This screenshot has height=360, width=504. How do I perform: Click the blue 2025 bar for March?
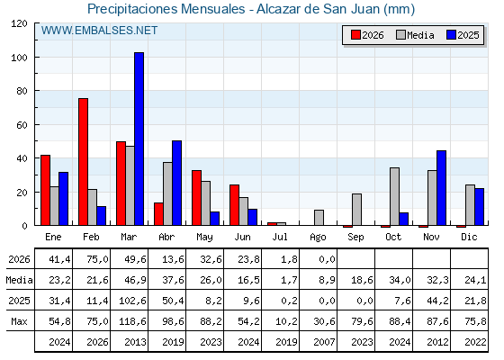click(x=139, y=139)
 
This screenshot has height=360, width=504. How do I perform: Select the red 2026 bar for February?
click(x=83, y=162)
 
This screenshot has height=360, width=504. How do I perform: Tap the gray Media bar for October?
click(x=394, y=196)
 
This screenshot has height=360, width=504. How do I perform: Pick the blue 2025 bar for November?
click(x=441, y=188)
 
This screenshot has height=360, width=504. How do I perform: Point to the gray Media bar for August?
click(x=319, y=218)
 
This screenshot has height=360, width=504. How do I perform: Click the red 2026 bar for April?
click(x=158, y=214)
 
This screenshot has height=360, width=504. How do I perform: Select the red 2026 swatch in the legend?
click(x=355, y=35)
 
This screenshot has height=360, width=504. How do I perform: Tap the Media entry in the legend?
click(x=415, y=35)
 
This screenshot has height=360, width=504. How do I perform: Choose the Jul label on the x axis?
click(x=280, y=238)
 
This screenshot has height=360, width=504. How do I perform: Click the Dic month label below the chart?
click(x=469, y=238)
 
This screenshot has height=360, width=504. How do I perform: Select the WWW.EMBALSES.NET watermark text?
click(x=99, y=31)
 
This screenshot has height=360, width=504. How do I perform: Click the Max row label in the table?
click(x=19, y=321)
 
